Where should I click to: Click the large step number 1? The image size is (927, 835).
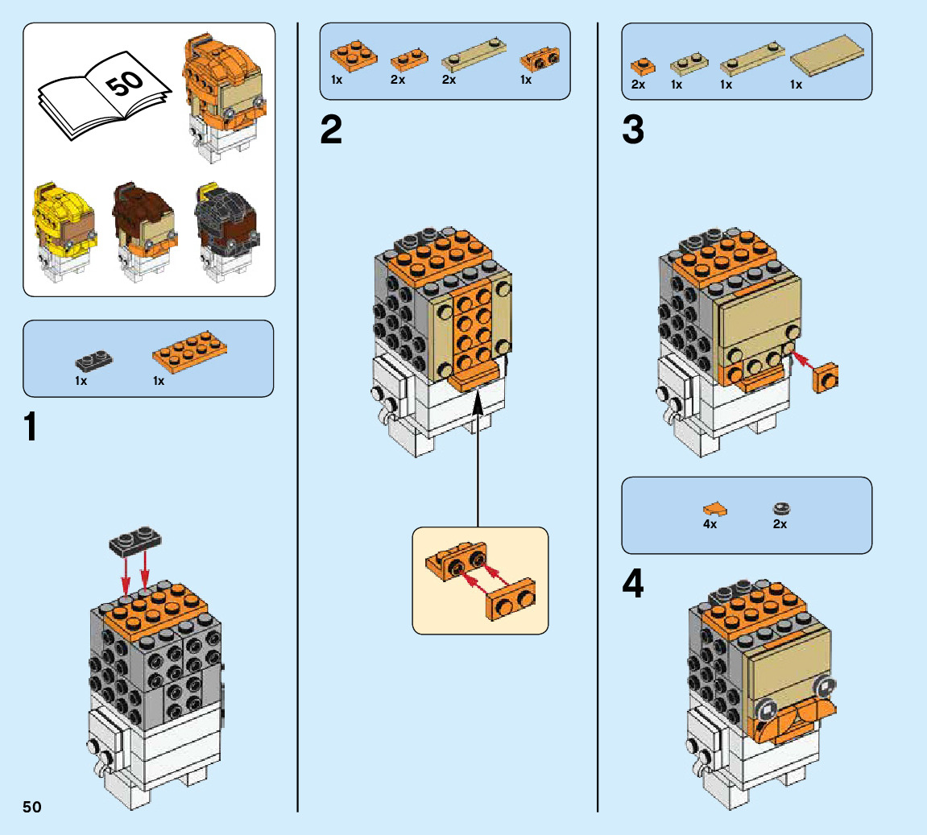[31, 427]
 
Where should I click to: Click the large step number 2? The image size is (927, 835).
[331, 130]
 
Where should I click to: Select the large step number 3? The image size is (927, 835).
[633, 130]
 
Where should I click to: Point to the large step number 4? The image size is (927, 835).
[633, 585]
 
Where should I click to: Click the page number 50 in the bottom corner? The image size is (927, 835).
[31, 807]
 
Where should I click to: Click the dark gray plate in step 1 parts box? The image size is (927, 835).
[94, 360]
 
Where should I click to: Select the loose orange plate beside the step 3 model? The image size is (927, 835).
[827, 378]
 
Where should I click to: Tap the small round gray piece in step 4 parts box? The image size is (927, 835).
[780, 507]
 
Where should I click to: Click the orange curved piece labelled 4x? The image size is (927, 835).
[714, 508]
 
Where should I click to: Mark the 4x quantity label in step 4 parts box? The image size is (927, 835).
[710, 524]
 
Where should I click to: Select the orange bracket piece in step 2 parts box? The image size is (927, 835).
[540, 60]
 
